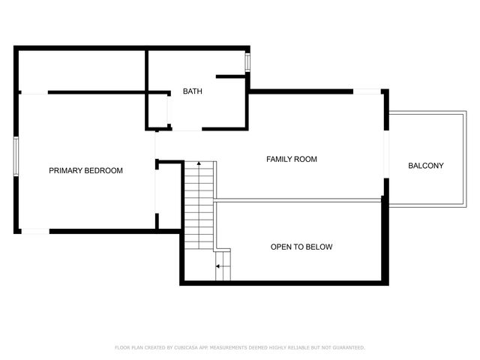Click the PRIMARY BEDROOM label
coord(85,170)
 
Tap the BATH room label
coord(192,92)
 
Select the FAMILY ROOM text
coord(292,159)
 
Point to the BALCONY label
coord(425,166)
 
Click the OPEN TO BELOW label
coord(301,247)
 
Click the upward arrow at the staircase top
coord(199,163)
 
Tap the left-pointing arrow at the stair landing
coord(218,266)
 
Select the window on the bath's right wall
coord(247,63)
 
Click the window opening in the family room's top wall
coord(367,91)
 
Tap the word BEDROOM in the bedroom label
coord(104,170)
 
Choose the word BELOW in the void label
coord(319,247)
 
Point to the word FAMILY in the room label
coord(279,159)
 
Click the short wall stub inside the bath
coord(231,76)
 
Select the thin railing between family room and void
coord(298,200)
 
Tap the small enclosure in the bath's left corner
coord(157,110)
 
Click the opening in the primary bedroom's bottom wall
coord(34,230)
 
